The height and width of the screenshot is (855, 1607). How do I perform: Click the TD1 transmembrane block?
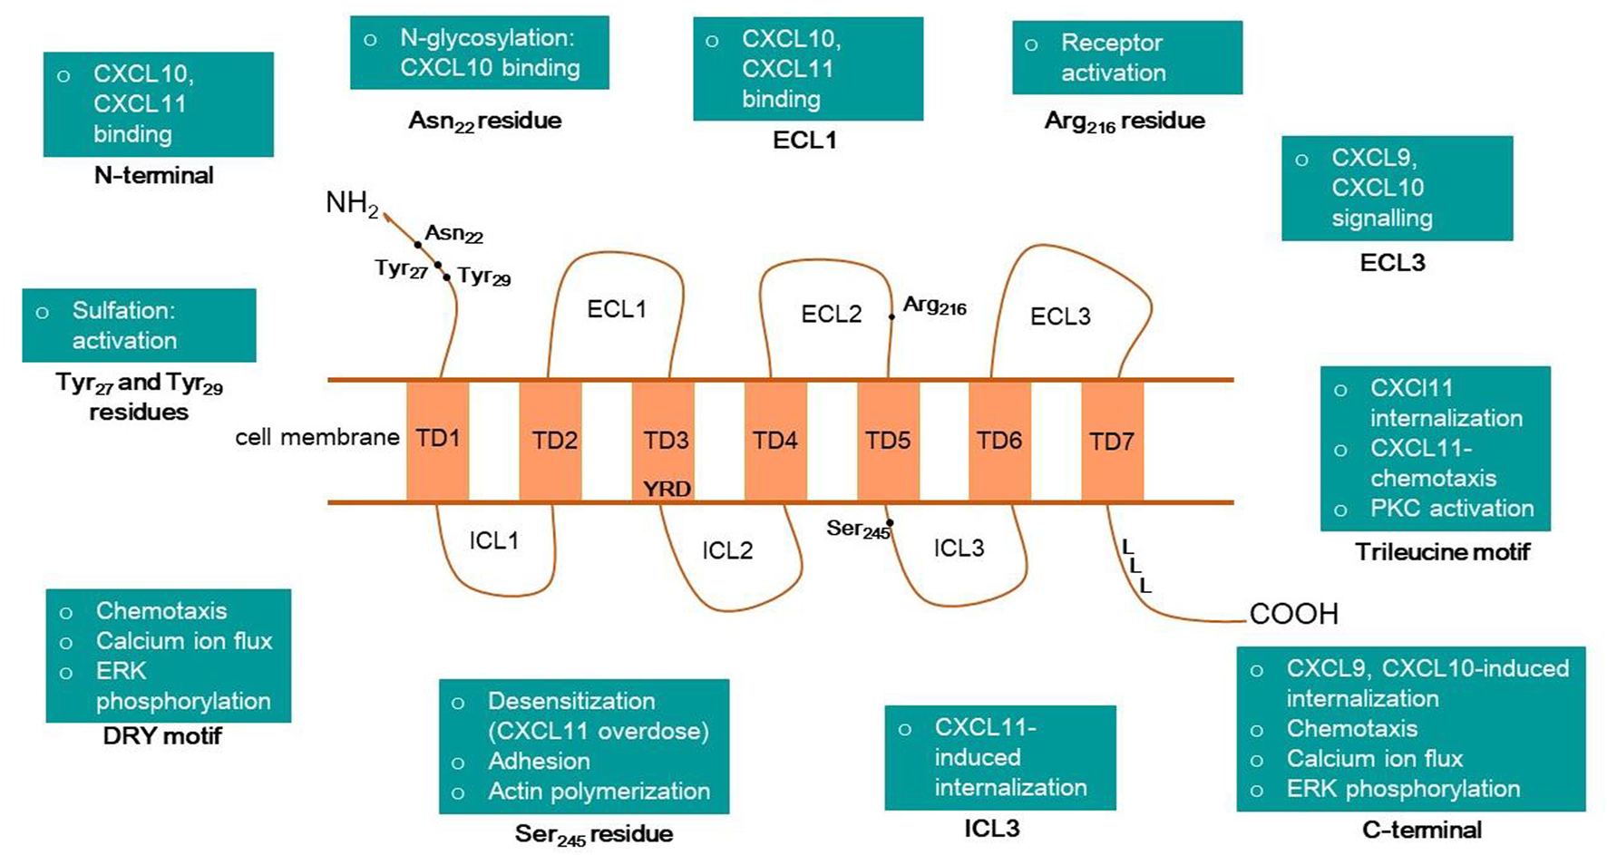click(x=437, y=440)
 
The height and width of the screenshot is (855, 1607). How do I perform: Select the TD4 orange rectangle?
click(x=775, y=441)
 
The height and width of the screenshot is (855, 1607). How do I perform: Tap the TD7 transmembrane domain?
click(x=1112, y=442)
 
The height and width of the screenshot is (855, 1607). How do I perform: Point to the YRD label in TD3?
click(x=667, y=489)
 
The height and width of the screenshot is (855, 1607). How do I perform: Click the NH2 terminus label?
click(x=351, y=203)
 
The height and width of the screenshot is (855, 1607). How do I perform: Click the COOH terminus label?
click(x=1293, y=614)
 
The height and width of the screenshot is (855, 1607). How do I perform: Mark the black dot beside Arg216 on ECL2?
click(x=891, y=316)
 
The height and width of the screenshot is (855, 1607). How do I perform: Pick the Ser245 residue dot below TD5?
click(x=890, y=522)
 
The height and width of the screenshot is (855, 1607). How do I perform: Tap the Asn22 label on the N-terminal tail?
click(x=453, y=234)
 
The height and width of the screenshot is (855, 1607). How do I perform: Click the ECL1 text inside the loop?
click(x=617, y=309)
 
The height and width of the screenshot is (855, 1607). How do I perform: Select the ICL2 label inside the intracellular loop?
click(x=727, y=550)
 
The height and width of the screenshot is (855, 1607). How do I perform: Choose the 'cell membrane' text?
click(x=317, y=438)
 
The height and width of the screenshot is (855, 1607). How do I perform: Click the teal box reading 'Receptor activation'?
click(x=1126, y=58)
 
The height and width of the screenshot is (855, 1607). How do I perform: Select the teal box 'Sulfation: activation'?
click(x=139, y=325)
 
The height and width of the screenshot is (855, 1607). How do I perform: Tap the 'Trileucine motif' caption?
click(x=1442, y=552)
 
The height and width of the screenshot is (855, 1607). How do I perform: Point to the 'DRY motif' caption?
click(x=162, y=736)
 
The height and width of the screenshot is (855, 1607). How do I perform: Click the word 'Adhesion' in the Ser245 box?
click(x=539, y=762)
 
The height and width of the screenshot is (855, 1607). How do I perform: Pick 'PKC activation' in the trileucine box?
click(x=1451, y=509)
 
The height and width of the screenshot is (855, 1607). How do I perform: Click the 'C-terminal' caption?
click(x=1421, y=830)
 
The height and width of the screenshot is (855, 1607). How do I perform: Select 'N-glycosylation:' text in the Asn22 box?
click(x=487, y=38)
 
